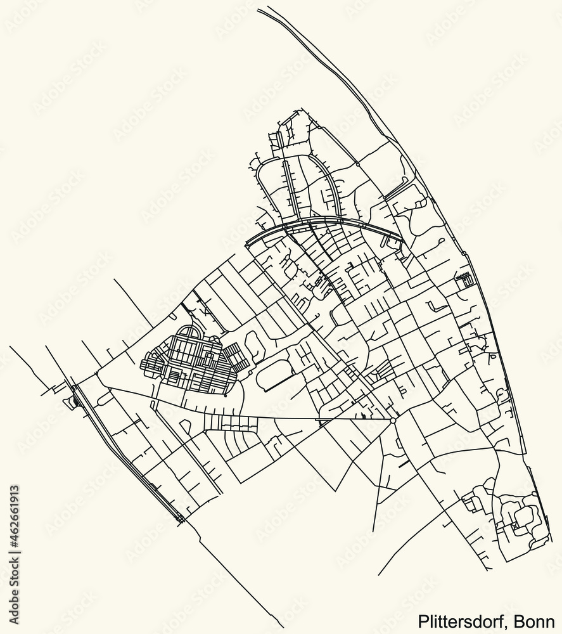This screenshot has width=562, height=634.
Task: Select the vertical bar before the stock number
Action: point(14,553)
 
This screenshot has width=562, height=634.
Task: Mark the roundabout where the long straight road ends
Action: point(393,420)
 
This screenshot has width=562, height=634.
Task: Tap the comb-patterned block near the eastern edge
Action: point(464,279)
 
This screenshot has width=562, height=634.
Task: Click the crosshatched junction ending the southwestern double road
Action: point(181,519)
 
